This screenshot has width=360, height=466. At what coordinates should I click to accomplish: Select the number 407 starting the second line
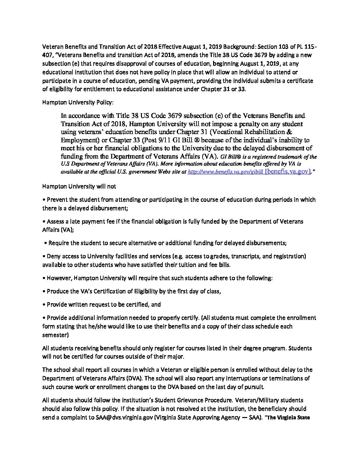click(47, 55)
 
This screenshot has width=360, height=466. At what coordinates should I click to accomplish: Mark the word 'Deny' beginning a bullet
click(53, 256)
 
